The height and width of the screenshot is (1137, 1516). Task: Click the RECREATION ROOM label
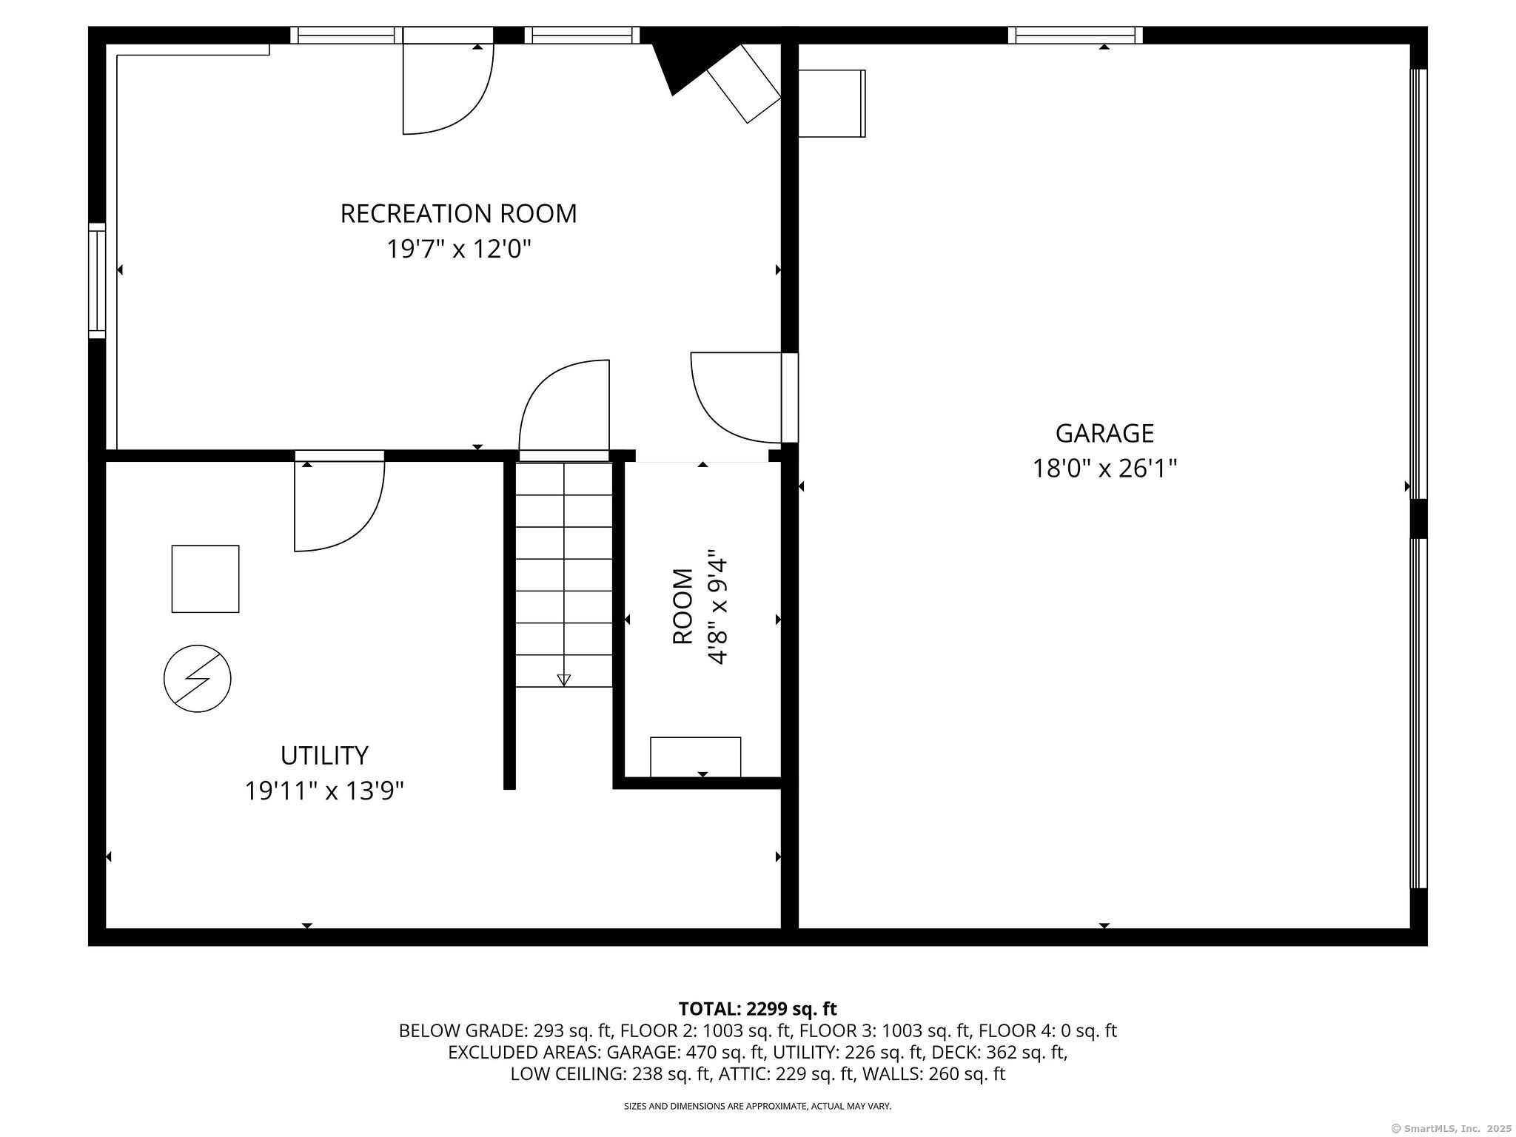click(x=458, y=213)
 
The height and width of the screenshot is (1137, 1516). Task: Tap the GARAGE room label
click(x=1104, y=432)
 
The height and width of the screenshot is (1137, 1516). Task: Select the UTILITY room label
click(x=324, y=755)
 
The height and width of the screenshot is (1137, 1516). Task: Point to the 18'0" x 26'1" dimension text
click(x=1104, y=468)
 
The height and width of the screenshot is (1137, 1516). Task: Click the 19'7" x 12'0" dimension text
click(x=459, y=249)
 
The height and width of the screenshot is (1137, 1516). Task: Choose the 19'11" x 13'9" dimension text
click(x=324, y=791)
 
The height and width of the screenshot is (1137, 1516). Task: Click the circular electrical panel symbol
click(x=198, y=679)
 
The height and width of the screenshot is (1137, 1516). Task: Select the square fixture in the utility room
click(x=205, y=579)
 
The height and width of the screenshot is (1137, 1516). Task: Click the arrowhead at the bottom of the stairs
click(x=564, y=680)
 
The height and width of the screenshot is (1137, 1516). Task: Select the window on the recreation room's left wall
click(x=97, y=281)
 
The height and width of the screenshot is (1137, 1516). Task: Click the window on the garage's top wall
click(x=1076, y=35)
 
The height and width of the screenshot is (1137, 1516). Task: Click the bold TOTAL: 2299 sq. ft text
click(x=757, y=1008)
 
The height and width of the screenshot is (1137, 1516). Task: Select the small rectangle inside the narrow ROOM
click(x=695, y=757)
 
